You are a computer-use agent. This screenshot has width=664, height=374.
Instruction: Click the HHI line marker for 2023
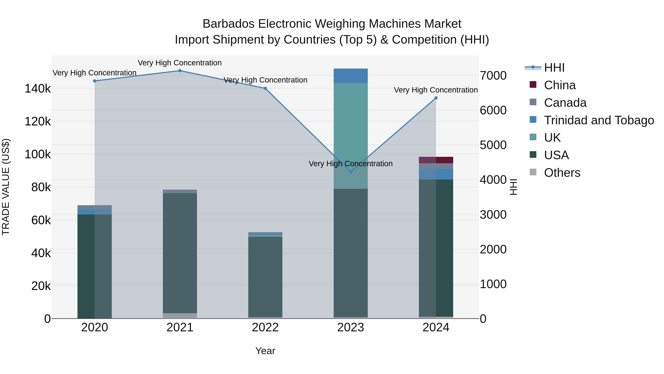pyautogui.click(x=351, y=172)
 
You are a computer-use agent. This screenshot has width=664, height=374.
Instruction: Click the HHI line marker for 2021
pyautogui.click(x=180, y=71)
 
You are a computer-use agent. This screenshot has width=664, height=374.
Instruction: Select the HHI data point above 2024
pyautogui.click(x=436, y=98)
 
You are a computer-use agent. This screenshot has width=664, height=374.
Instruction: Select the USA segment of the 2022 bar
pyautogui.click(x=265, y=276)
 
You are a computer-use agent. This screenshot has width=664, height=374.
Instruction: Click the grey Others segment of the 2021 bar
pyautogui.click(x=180, y=316)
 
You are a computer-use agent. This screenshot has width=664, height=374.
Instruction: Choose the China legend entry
pyautogui.click(x=560, y=85)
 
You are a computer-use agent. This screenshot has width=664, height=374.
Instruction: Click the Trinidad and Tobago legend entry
pyautogui.click(x=599, y=120)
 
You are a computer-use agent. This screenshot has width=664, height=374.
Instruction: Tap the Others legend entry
pyautogui.click(x=562, y=173)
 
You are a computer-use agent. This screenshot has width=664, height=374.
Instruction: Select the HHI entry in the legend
pyautogui.click(x=554, y=68)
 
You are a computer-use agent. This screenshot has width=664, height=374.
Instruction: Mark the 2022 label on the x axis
pyautogui.click(x=265, y=327)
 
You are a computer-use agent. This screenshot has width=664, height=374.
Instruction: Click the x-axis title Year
pyautogui.click(x=265, y=351)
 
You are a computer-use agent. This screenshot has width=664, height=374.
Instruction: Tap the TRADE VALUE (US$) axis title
pyautogui.click(x=6, y=187)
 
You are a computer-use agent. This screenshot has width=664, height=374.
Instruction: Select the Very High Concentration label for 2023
pyautogui.click(x=351, y=164)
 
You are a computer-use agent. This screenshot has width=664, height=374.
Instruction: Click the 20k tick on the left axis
pyautogui.click(x=41, y=286)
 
